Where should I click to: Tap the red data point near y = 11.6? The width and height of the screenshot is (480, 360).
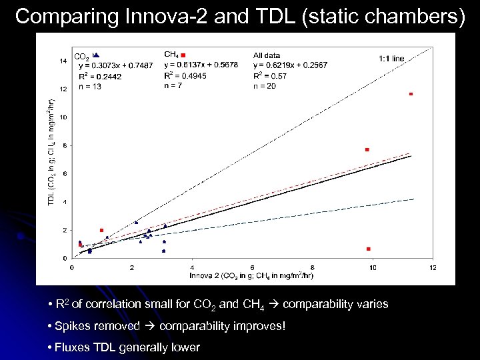coord(411,94)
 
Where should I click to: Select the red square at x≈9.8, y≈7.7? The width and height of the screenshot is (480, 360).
coord(367,149)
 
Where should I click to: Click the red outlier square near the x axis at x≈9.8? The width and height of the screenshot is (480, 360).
coord(368,249)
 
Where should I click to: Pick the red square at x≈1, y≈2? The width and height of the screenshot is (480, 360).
coord(101,230)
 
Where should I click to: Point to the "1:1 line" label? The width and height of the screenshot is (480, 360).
coord(391,59)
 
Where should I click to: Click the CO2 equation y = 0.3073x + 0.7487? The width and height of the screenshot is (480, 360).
coord(115,65)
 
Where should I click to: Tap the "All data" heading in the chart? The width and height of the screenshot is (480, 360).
coord(267,55)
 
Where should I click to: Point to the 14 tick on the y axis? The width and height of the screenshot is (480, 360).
coord(63,61)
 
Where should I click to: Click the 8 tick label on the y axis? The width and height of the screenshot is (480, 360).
coord(65,145)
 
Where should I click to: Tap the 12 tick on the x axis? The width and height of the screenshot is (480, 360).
coord(433,267)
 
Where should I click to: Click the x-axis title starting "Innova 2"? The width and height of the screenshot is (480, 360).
coord(251,275)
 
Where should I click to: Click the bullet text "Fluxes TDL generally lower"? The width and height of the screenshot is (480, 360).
coord(124,347)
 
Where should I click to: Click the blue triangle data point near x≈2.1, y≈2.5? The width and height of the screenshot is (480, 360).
coord(136,222)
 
